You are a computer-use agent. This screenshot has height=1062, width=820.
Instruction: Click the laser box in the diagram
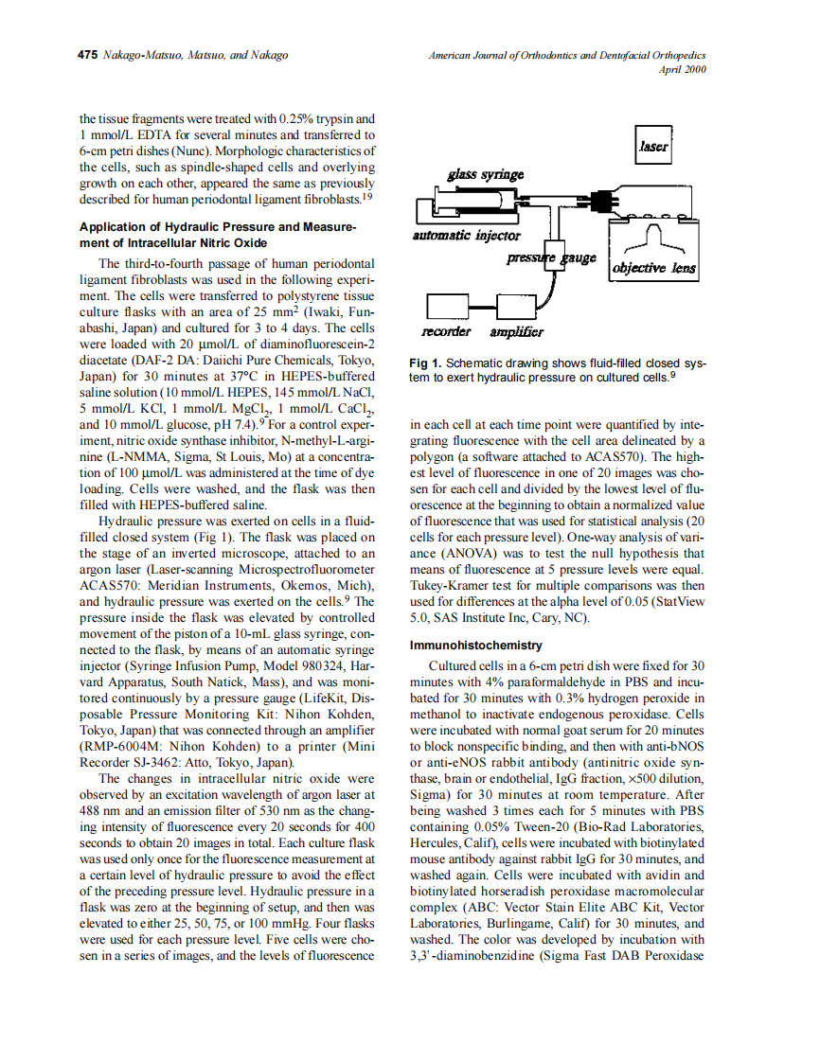pyautogui.click(x=654, y=146)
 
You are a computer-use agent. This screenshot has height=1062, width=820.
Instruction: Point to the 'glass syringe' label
pyautogui.click(x=485, y=175)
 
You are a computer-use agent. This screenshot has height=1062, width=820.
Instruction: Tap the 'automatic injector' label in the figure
pyautogui.click(x=467, y=235)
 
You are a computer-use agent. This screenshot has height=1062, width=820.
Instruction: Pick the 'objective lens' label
pyautogui.click(x=654, y=268)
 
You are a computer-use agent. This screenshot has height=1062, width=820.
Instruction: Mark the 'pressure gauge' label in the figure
pyautogui.click(x=551, y=257)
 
